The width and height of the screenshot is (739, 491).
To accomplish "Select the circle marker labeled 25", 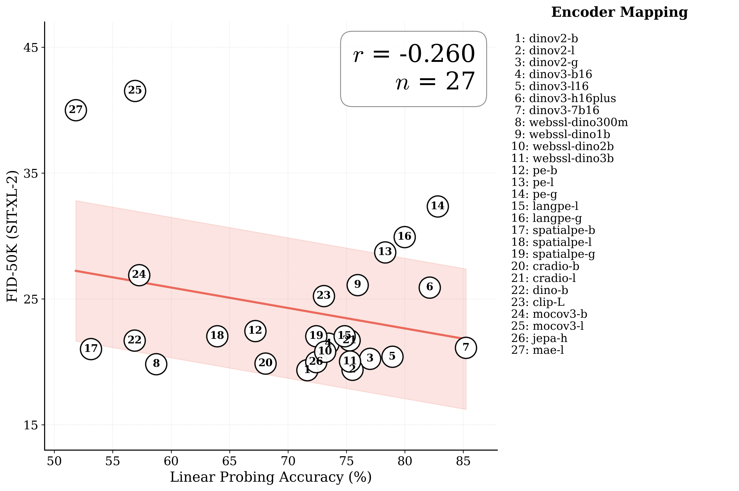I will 135,90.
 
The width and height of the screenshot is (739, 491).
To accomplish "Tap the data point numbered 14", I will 438,206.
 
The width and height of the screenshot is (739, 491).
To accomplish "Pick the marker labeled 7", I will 466,348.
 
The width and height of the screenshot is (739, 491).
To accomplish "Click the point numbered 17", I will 91,349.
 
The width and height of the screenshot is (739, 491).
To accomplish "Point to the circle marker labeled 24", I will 139,275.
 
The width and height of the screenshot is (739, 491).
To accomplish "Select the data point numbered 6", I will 430,287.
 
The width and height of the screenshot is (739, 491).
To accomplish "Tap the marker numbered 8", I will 156,364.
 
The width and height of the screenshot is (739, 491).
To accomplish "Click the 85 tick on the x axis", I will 463,461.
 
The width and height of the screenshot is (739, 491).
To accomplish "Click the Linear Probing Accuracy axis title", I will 271,477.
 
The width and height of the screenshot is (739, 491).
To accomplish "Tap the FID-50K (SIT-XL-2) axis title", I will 12,236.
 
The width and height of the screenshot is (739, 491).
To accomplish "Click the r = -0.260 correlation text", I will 414,54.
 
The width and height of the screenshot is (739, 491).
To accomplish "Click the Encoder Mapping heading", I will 619,13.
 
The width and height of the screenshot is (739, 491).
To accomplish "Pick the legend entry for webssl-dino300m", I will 571,122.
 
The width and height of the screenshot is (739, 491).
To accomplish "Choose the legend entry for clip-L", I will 538,302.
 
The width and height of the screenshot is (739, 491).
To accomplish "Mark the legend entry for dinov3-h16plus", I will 565,98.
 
